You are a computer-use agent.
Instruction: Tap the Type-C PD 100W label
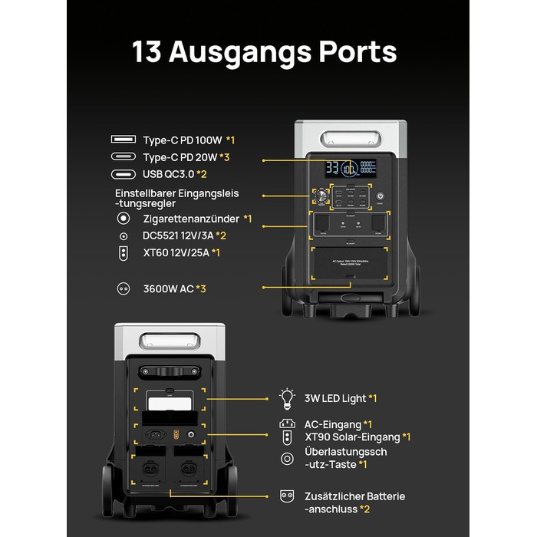point(182,140)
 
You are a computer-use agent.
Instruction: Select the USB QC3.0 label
point(170,174)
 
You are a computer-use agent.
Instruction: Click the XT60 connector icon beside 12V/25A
point(124,252)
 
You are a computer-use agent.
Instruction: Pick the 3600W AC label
point(168,288)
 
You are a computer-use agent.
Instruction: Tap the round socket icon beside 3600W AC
point(123,288)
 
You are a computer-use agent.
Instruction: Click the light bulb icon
point(288,398)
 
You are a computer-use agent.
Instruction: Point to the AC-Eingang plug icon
point(288,423)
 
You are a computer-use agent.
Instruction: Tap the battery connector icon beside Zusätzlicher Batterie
point(288,496)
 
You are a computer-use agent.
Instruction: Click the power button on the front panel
point(380,196)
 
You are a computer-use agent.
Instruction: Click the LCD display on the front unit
point(350,168)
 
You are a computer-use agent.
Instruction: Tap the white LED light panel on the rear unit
point(169,404)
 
